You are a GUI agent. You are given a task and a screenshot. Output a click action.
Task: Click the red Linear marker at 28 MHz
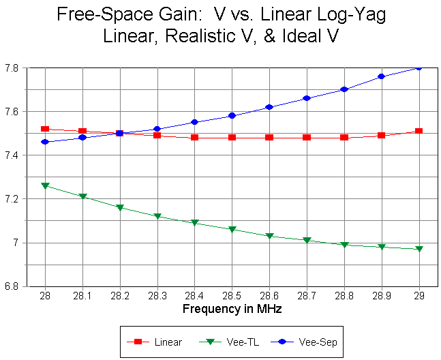45,129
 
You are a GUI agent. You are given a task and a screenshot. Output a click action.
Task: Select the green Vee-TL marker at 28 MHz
45,185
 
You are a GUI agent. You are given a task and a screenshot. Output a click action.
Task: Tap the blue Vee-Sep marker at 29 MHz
419,67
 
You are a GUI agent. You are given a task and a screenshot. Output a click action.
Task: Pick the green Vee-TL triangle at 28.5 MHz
232,230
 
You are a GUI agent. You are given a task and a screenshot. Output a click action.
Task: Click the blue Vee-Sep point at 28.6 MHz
269,107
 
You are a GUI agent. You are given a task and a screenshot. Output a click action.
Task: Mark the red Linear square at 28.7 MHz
307,137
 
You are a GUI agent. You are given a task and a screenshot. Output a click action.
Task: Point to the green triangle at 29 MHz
419,250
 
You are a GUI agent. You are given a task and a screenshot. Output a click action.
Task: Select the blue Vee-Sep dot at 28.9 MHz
381,76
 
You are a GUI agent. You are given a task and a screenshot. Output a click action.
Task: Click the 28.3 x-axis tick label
157,297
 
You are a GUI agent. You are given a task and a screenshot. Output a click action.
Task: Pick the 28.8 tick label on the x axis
344,297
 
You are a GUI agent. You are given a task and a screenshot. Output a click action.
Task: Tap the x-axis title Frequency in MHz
232,309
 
